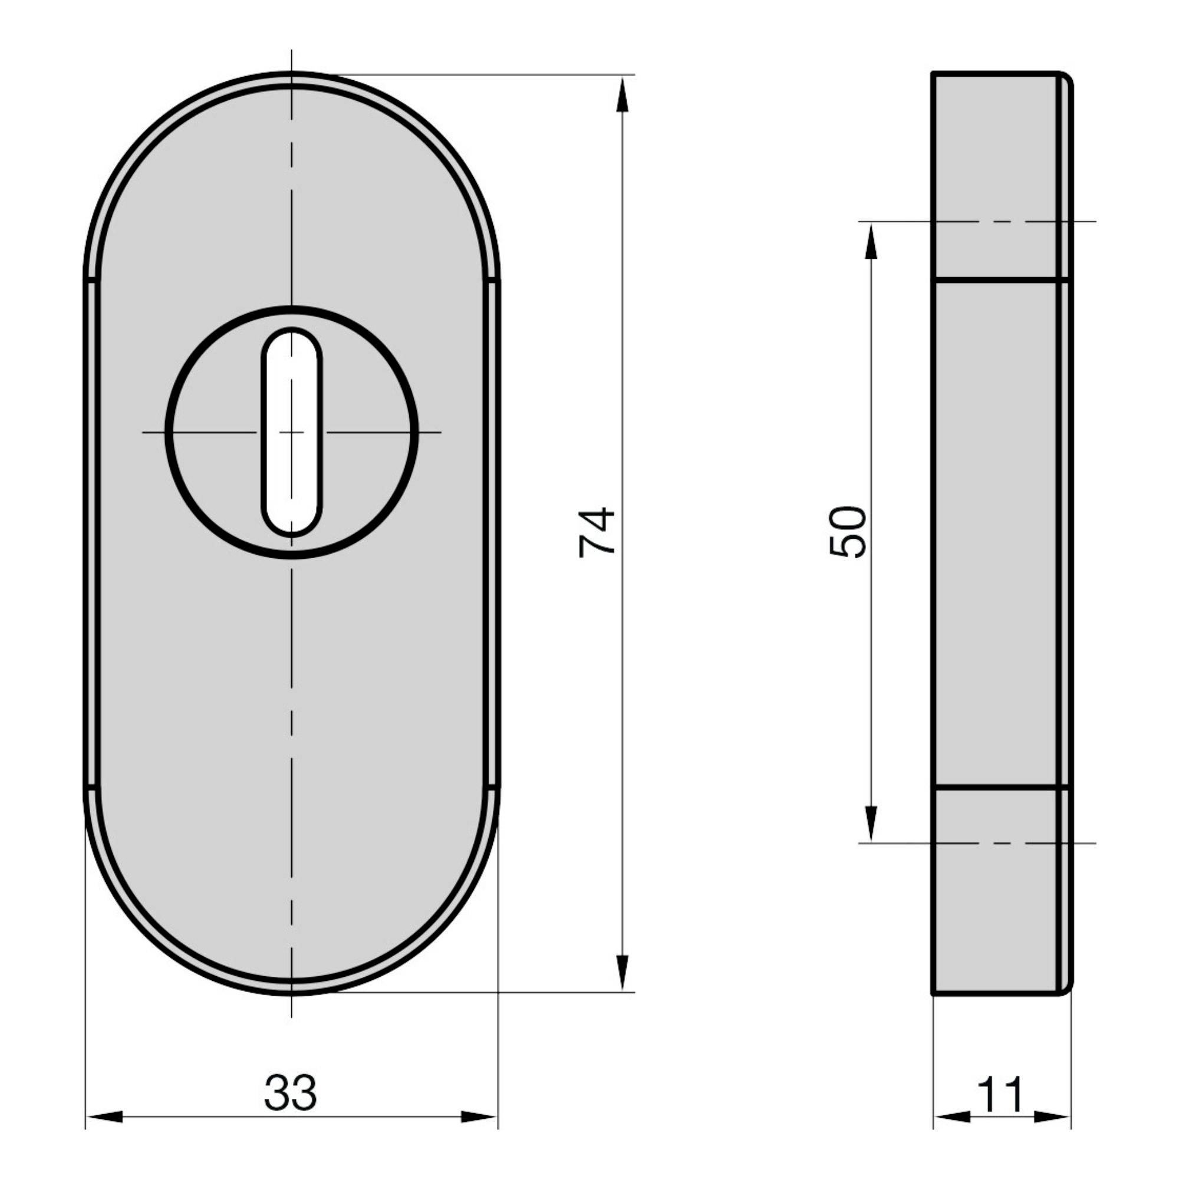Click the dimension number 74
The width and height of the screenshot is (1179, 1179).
597,532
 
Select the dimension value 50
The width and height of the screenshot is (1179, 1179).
848,532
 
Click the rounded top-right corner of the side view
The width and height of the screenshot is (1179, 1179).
1068,78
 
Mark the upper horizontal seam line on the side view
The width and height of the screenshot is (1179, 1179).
1001,280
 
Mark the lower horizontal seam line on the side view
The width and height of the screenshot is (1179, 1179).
1001,788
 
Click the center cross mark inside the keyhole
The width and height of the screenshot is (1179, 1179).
292,432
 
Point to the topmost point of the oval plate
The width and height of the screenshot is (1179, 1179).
292,73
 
